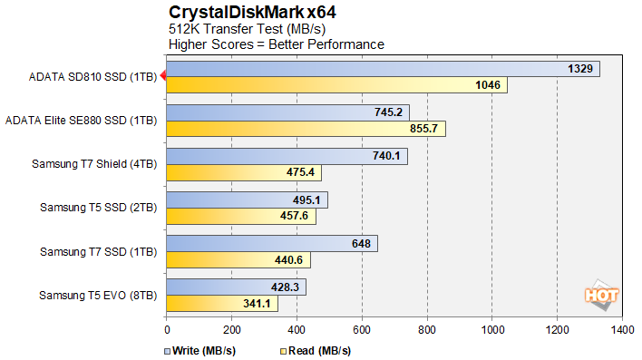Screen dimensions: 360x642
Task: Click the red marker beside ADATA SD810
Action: (162, 76)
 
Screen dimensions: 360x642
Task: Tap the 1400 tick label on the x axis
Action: (622, 331)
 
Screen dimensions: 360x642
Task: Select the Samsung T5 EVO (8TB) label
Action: (98, 295)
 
